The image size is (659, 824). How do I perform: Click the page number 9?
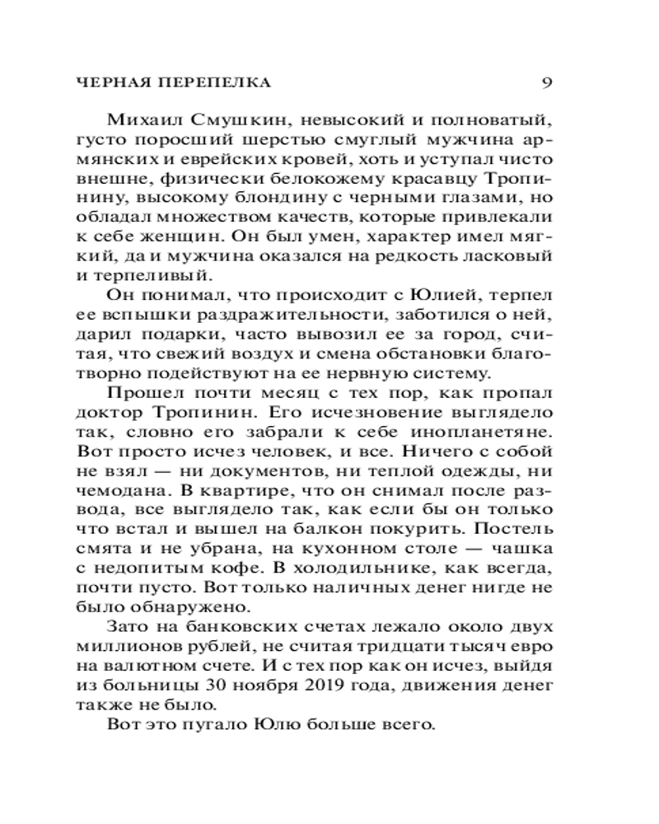548,82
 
